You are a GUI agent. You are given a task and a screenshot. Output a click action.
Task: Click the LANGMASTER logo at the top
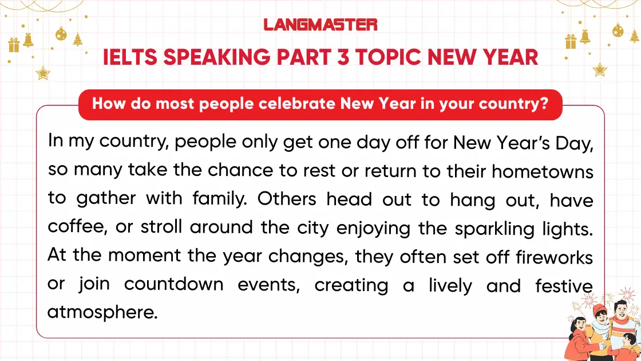[320, 25]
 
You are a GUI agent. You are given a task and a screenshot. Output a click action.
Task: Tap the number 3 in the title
[343, 57]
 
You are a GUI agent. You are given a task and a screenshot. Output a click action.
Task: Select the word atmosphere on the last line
[101, 313]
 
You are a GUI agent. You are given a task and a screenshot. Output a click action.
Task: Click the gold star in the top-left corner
[42, 73]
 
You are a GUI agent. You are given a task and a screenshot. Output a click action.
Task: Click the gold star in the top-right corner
[599, 69]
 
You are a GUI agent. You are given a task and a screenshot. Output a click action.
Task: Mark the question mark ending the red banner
[544, 105]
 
